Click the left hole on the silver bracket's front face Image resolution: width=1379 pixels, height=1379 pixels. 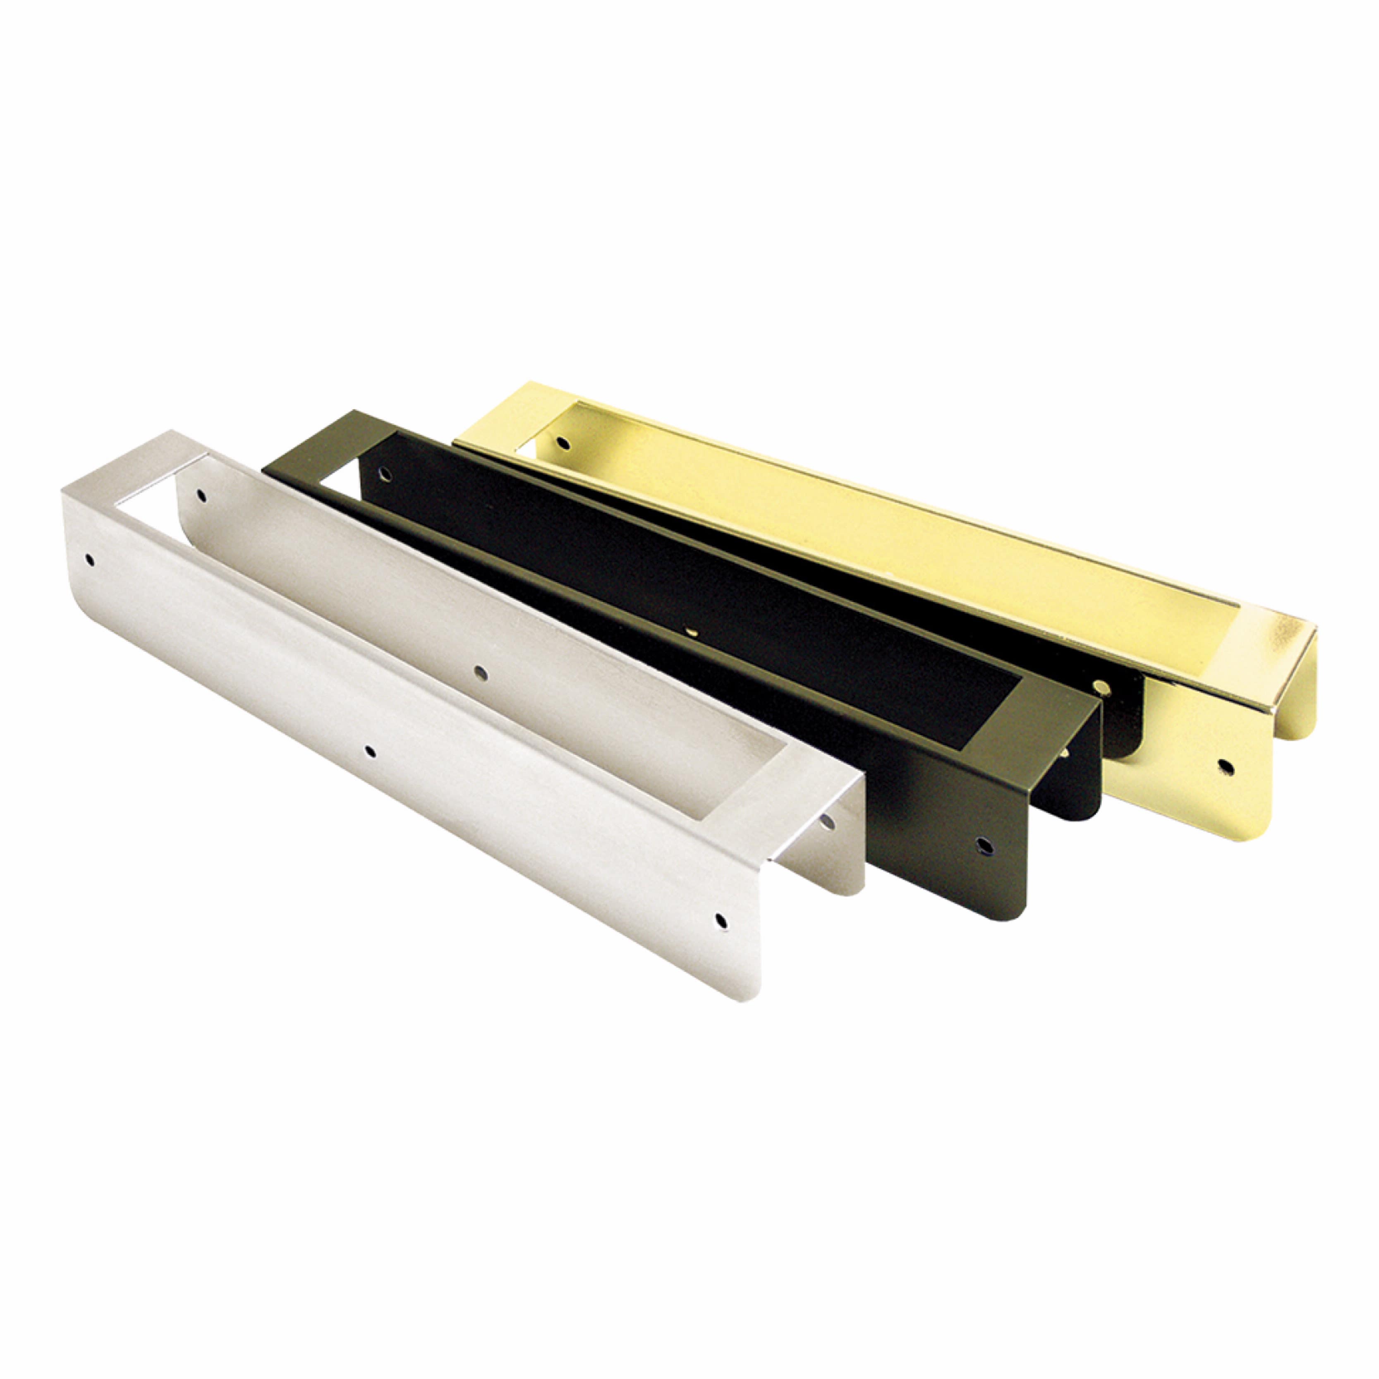click(x=89, y=560)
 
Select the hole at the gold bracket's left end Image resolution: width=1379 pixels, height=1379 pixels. click(x=563, y=443)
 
